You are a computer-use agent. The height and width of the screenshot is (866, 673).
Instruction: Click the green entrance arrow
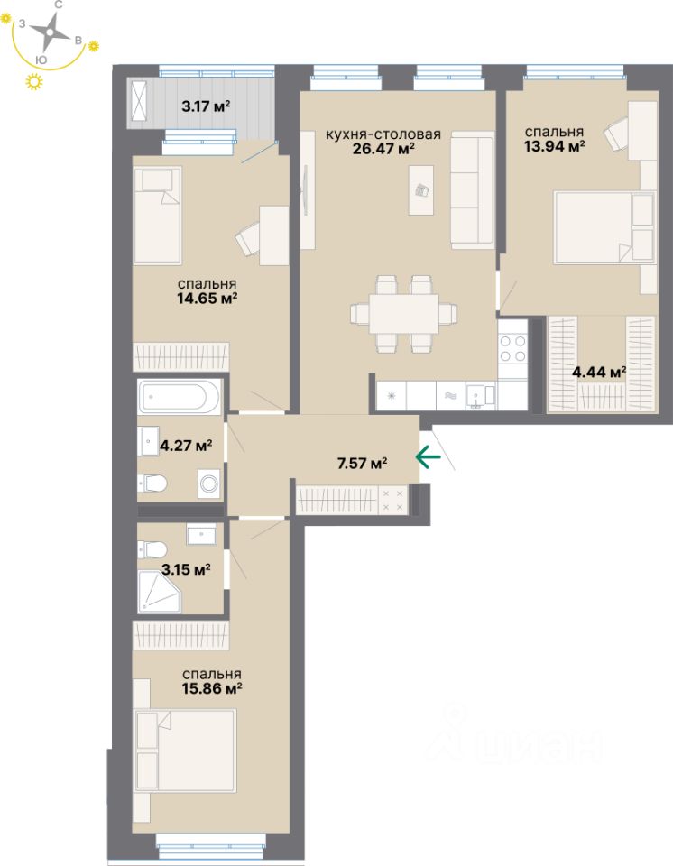pos(428,457)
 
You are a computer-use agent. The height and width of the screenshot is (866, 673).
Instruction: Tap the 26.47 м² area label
pos(383,150)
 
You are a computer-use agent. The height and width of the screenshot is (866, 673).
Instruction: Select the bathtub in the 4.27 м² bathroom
pos(180,396)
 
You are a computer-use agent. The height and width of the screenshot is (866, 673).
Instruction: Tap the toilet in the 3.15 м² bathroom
pos(152,548)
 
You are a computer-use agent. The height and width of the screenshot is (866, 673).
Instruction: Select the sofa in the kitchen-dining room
pos(473,190)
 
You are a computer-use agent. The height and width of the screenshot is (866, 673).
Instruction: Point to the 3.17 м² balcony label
pos(206,106)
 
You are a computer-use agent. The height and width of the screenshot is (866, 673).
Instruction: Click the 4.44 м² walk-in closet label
pos(600,372)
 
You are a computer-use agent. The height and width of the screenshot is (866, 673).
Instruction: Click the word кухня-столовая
pos(383,135)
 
